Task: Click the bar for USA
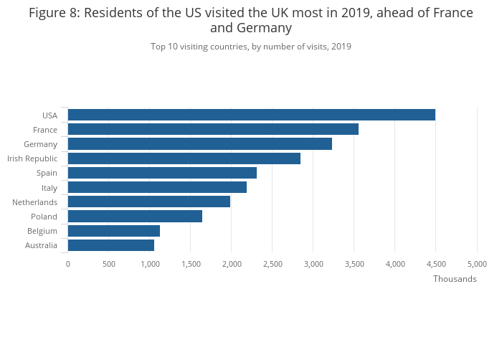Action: click(251, 115)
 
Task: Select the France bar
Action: click(213, 129)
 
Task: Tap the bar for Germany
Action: click(199, 144)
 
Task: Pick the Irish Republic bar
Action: click(184, 158)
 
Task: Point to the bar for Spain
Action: click(162, 173)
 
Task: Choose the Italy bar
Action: click(157, 187)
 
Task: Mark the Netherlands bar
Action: click(148, 202)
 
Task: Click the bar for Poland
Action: click(135, 217)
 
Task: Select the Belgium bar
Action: click(113, 231)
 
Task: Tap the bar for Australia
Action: click(110, 245)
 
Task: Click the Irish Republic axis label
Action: click(32, 158)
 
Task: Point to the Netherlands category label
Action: click(34, 202)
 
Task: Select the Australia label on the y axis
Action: click(41, 246)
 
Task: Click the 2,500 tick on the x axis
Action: click(272, 264)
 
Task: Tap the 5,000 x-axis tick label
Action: click(477, 264)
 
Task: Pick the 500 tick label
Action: click(109, 264)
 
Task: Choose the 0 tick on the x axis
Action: click(68, 264)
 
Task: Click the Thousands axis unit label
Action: click(455, 279)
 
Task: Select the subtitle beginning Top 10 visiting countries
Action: click(251, 47)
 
